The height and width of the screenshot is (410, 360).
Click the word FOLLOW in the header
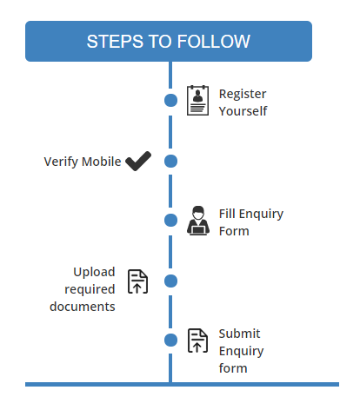pos(213,42)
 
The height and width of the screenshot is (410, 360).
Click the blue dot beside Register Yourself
pos(170,100)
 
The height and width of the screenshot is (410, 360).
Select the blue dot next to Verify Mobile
pos(170,161)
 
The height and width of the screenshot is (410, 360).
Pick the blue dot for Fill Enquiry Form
pos(170,220)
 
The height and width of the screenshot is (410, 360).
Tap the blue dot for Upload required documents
pos(170,281)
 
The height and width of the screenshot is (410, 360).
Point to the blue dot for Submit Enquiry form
pos(170,340)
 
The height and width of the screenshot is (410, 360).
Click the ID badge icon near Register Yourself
pos(197,101)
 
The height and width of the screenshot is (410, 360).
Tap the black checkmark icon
pos(138,161)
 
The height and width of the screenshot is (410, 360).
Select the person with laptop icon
pos(198,221)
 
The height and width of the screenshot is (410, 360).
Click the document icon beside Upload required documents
pos(137,281)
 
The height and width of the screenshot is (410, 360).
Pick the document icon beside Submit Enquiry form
pos(198,341)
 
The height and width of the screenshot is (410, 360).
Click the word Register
pos(243,95)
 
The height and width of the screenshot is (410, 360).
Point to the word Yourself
pos(243,111)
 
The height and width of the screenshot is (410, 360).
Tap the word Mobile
pos(101,162)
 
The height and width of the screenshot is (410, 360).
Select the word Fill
pos(227,214)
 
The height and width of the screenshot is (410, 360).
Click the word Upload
pos(94,273)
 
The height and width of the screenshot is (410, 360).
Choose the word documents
pos(83,307)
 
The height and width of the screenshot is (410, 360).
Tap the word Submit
pos(239,334)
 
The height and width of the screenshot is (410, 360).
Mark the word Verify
pos(61,162)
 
